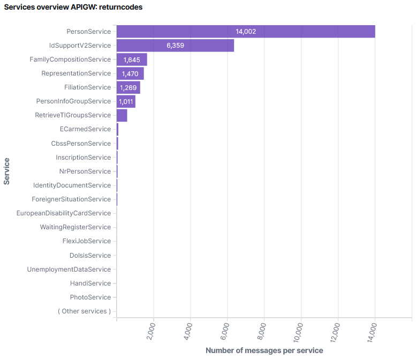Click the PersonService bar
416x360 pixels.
coord(246,32)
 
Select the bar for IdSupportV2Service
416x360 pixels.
coord(175,46)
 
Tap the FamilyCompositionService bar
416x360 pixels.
coord(131,59)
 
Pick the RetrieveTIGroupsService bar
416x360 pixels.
coord(122,115)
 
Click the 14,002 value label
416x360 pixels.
coord(246,32)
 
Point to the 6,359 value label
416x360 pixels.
coord(175,46)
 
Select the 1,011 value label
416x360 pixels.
coord(126,101)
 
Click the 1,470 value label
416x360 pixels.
coord(130,73)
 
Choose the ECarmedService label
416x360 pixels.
coord(85,129)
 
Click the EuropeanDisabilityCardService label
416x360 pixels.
coord(63,213)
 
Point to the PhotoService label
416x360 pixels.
coord(90,297)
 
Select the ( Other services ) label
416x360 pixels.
coord(84,311)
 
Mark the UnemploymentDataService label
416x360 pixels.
coord(69,269)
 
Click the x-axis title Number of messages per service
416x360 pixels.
coord(264,350)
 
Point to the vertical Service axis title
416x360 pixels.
coord(6,171)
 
